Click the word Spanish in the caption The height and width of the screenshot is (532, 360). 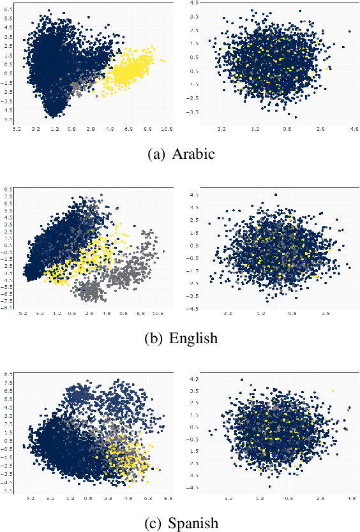point(195,523)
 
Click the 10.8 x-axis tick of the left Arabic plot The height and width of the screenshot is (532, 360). point(167,128)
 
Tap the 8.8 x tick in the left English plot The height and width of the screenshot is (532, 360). point(140,314)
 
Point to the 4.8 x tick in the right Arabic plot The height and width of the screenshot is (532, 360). point(352,128)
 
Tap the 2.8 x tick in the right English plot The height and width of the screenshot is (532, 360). point(326,314)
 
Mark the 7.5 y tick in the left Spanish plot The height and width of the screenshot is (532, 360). point(8,383)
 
